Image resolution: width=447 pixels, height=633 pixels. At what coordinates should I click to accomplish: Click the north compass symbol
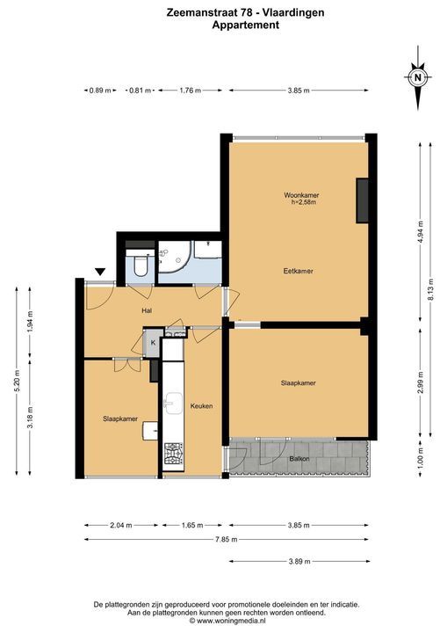[418, 77]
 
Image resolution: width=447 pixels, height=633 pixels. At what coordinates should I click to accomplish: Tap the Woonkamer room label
[301, 195]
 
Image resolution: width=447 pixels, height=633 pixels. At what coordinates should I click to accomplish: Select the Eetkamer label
[298, 271]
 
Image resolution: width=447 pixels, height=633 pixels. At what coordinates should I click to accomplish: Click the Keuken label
[201, 405]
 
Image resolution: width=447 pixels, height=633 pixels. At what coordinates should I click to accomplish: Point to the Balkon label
[299, 459]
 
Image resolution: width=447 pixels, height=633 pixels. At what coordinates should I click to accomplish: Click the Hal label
[147, 310]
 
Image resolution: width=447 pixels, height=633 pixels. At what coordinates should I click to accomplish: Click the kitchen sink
[174, 403]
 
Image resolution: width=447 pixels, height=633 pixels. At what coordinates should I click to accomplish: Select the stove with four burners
[174, 454]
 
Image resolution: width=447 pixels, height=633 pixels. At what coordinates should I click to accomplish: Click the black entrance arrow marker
[99, 272]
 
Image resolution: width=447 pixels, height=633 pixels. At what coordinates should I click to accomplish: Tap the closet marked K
[153, 343]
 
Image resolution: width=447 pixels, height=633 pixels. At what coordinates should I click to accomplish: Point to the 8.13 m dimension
[431, 289]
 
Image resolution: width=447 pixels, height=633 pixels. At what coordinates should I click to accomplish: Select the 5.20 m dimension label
[17, 381]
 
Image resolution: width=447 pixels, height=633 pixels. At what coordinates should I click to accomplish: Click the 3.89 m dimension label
[299, 561]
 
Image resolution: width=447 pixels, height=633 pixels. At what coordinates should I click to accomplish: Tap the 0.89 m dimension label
[100, 91]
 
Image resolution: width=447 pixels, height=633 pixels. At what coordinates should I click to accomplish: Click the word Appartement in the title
[246, 25]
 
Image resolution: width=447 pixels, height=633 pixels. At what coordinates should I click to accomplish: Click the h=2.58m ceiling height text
[303, 202]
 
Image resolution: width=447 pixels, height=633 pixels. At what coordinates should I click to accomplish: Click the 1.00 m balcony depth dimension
[421, 458]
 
